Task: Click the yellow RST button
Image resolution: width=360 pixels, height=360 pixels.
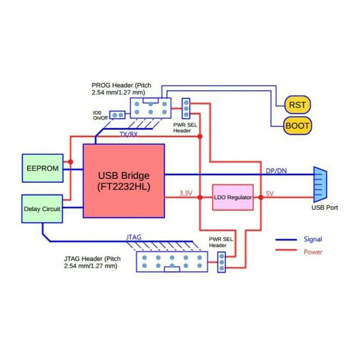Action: (297, 105)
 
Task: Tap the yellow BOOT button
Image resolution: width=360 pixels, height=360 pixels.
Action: (297, 126)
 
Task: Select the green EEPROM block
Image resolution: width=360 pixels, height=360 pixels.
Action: (42, 168)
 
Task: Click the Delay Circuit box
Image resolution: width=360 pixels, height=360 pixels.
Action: (42, 208)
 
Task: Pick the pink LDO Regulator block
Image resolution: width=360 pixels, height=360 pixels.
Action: (233, 197)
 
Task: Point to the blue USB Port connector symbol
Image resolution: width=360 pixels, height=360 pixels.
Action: (320, 184)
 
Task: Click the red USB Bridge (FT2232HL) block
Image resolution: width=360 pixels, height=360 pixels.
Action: (123, 181)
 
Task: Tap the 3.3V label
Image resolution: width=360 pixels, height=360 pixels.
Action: (186, 193)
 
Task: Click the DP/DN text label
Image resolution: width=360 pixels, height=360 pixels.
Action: (276, 171)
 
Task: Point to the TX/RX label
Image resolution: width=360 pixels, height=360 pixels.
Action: (129, 134)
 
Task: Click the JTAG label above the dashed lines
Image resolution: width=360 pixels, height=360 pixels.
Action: (134, 237)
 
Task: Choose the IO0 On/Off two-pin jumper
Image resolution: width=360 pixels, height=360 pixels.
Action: (117, 115)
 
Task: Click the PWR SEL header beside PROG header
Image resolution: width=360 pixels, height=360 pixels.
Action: (186, 108)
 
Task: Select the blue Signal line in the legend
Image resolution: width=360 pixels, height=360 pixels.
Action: (286, 239)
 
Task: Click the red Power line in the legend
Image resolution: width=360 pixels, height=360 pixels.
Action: (286, 251)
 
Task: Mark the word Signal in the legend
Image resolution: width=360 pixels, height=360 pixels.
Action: (313, 239)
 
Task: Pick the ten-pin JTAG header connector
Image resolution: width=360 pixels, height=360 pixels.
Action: (172, 262)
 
